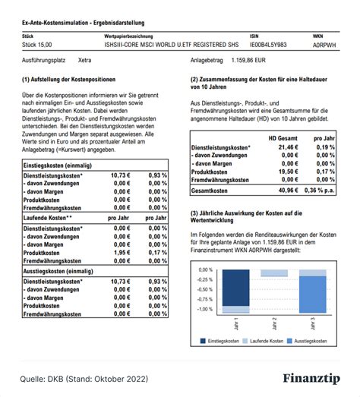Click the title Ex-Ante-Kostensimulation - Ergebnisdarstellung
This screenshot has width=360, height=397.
[x=83, y=23]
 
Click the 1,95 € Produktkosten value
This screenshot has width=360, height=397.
[x=122, y=253]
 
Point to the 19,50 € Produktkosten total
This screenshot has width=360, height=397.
[x=286, y=172]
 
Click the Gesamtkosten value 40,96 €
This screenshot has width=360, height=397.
[x=286, y=191]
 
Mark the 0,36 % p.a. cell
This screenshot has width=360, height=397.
[x=319, y=191]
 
